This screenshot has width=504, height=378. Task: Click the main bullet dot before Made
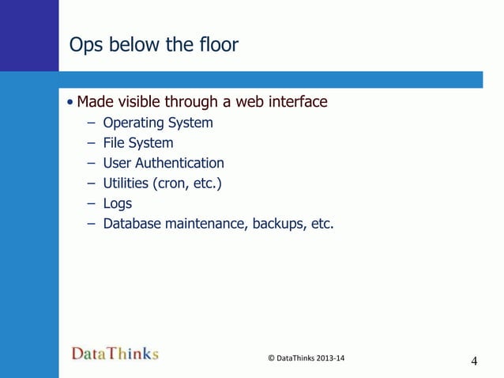pyautogui.click(x=71, y=103)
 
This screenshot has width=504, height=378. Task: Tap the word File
pyautogui.click(x=115, y=143)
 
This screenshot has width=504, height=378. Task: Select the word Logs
pyautogui.click(x=118, y=204)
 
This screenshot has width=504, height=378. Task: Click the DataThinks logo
pyautogui.click(x=115, y=353)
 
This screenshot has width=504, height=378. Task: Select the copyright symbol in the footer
pyautogui.click(x=272, y=358)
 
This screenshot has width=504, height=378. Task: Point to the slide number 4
pyautogui.click(x=474, y=362)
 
